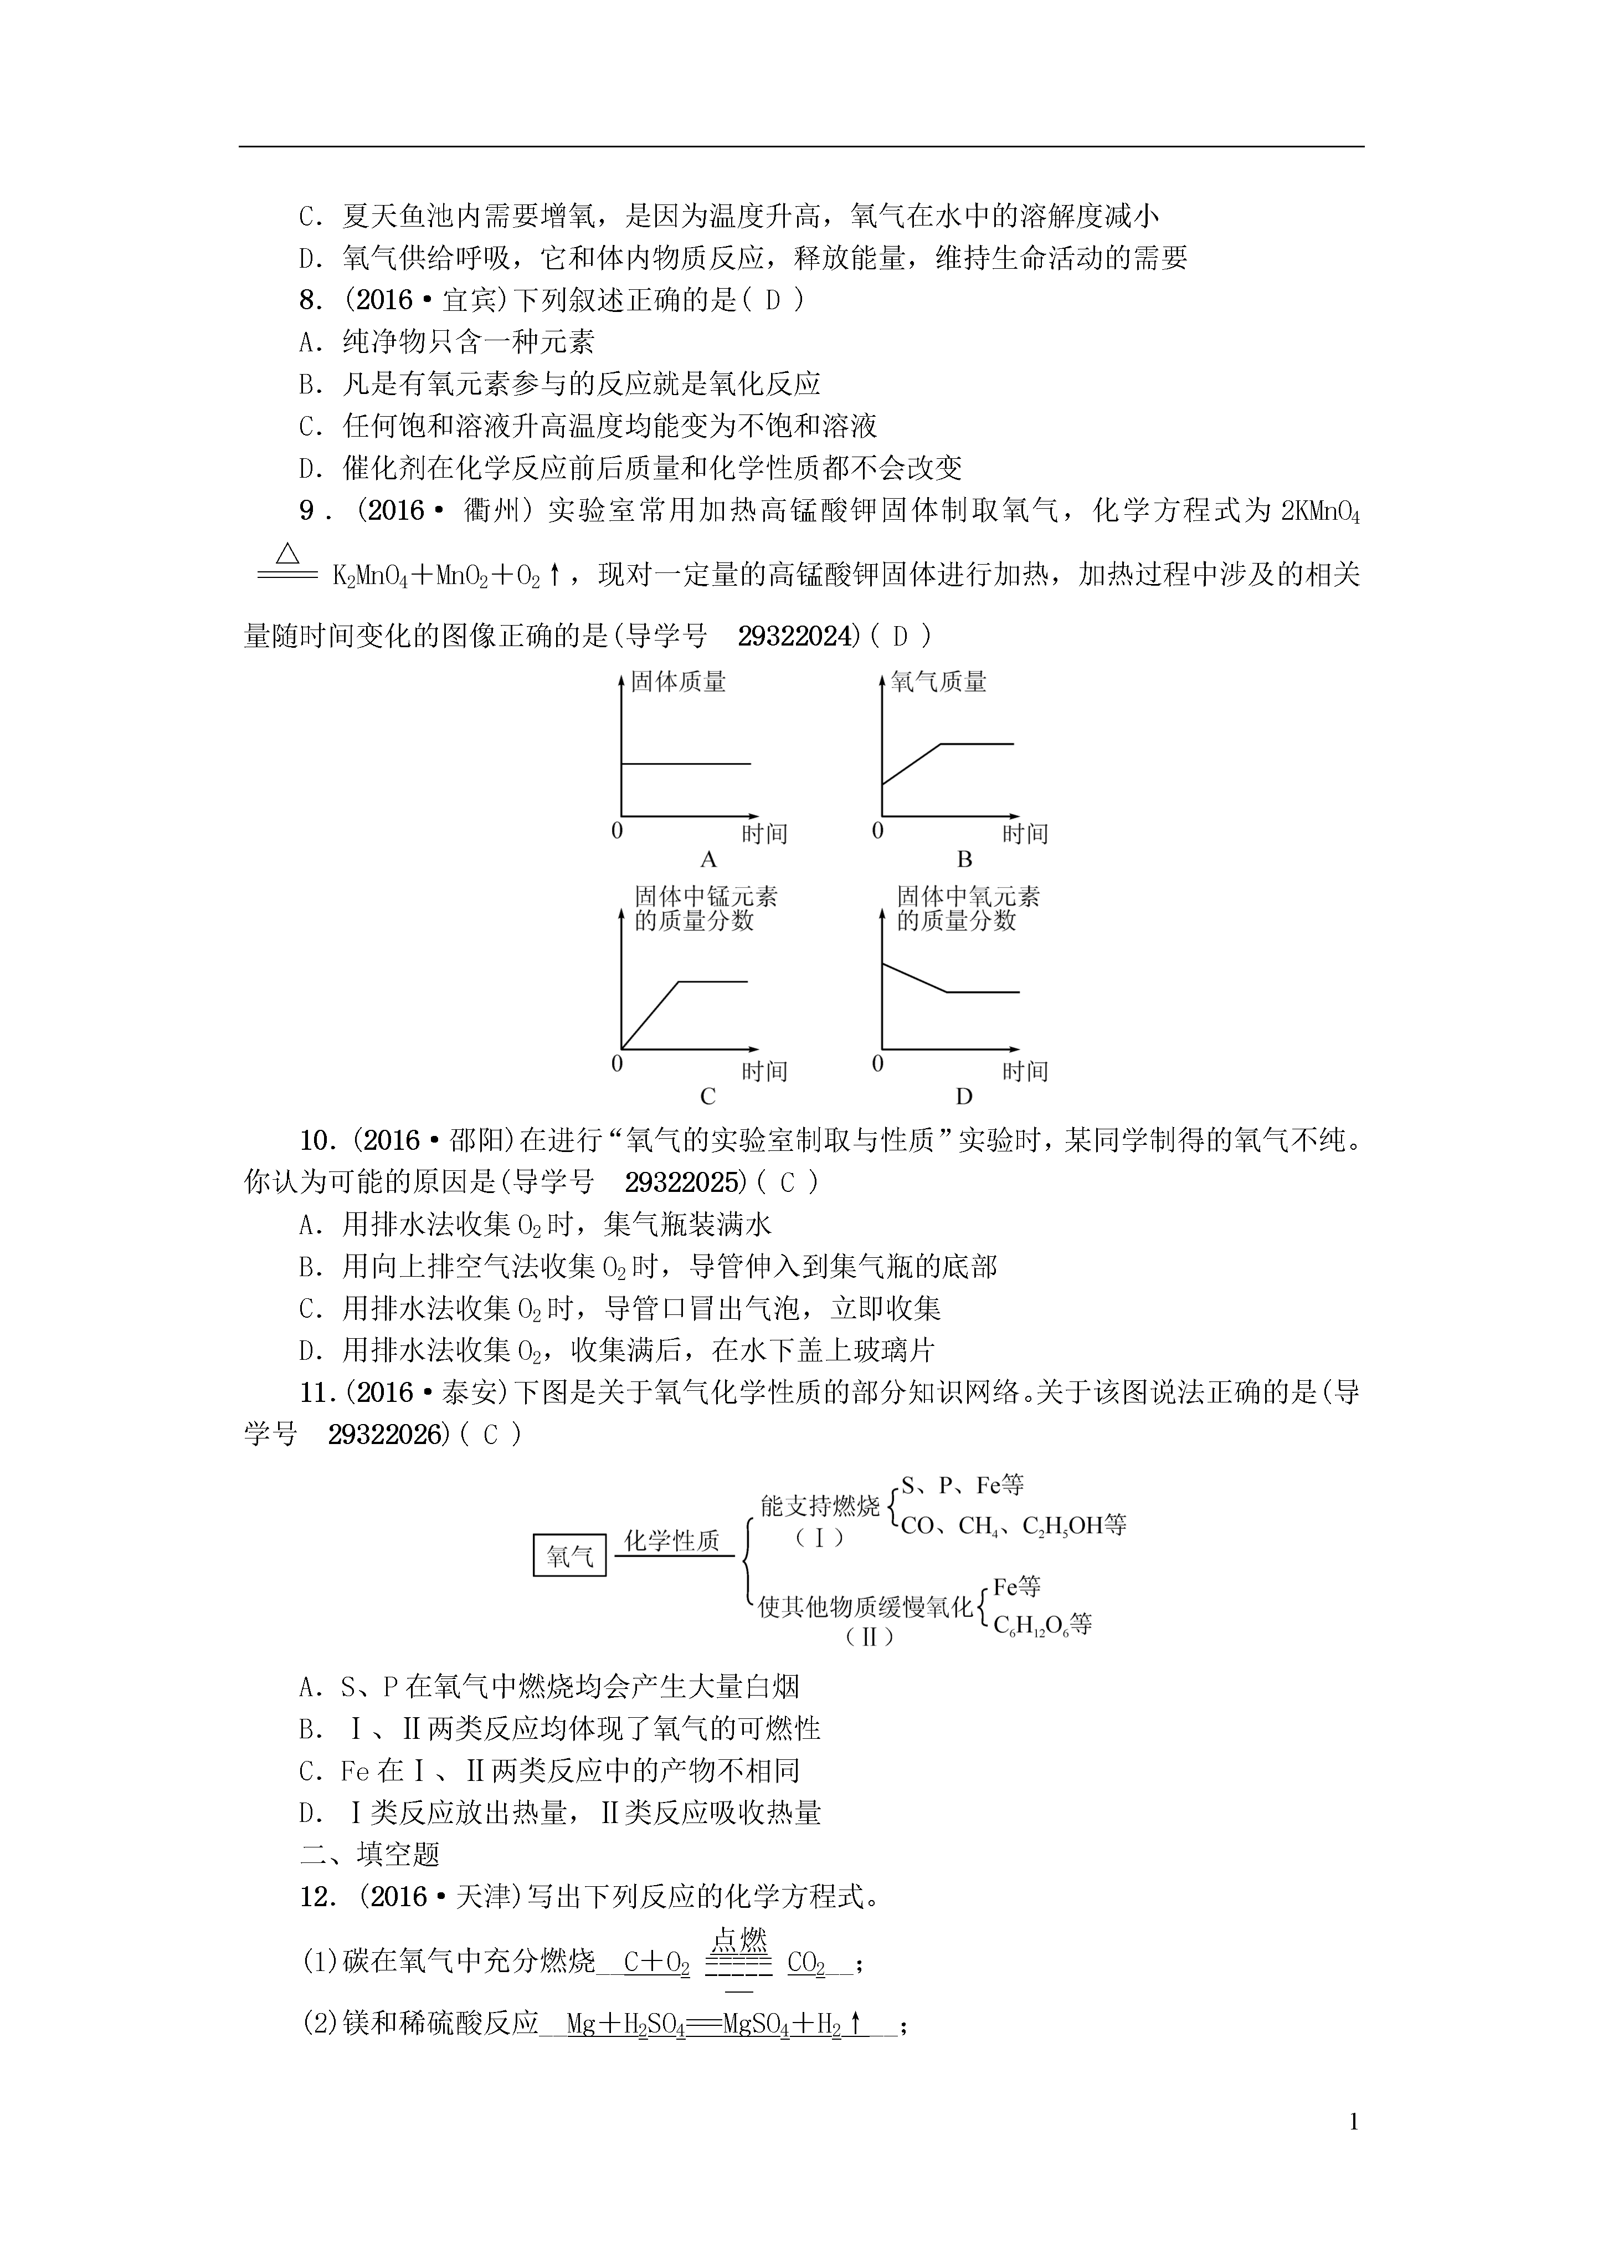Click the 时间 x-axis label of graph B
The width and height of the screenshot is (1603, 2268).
click(1025, 834)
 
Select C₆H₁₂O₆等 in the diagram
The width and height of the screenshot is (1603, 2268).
click(1042, 1625)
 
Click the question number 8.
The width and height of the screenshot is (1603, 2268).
click(311, 300)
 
